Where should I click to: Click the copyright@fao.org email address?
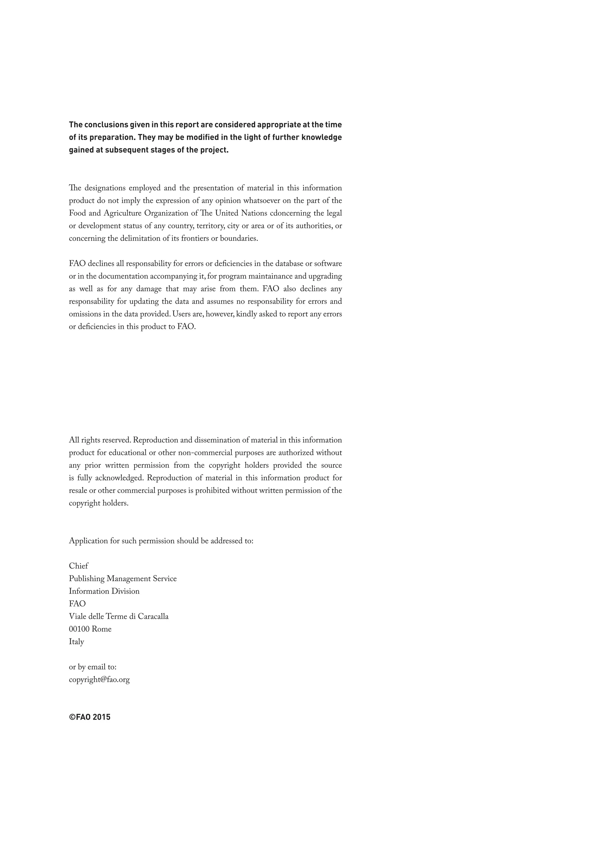99,680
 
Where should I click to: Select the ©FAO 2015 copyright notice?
90,717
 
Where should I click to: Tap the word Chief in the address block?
78,566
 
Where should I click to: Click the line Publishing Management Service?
123,579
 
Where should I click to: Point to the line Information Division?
104,591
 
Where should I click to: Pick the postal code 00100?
79,629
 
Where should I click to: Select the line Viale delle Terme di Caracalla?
119,617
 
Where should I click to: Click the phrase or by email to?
93,667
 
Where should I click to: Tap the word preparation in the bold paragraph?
111,137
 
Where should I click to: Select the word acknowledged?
119,478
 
